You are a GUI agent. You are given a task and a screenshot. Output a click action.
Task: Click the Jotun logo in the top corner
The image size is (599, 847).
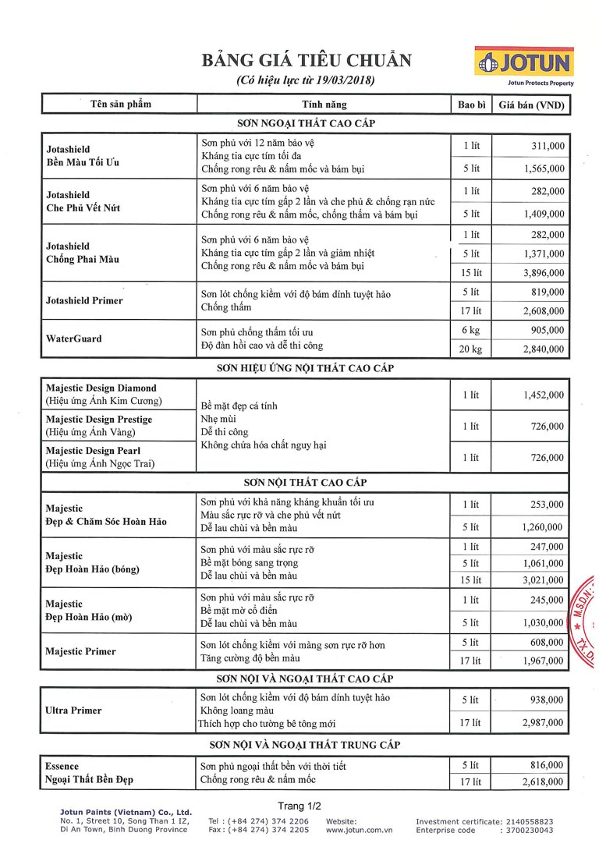tap(523, 62)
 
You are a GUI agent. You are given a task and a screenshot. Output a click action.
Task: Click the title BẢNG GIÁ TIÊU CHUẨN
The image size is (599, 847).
tap(307, 61)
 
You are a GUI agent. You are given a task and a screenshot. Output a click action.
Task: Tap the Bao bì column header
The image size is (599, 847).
tap(471, 105)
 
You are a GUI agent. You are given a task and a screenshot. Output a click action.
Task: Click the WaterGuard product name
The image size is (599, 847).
tap(74, 339)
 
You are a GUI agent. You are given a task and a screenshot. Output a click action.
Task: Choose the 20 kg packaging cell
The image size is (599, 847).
tap(471, 349)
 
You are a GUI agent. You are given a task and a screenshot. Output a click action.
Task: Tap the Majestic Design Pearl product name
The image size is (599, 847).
tap(100, 451)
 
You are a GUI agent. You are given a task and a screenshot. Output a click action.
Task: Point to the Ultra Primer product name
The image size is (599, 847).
tap(74, 711)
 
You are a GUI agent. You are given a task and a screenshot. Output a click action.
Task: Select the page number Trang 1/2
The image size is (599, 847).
tap(299, 806)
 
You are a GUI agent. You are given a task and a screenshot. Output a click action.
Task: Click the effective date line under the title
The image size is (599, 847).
tap(306, 80)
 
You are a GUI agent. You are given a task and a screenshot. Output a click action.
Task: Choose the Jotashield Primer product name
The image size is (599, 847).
tap(84, 300)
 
